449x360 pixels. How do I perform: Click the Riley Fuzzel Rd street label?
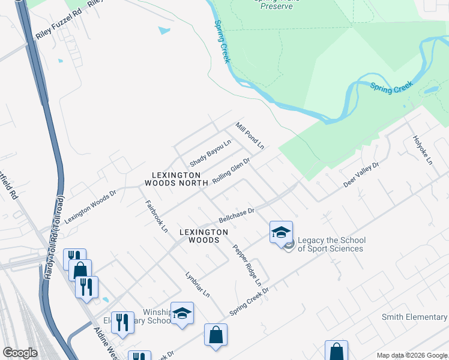coord(58,28)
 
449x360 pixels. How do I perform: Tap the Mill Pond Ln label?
coord(250,136)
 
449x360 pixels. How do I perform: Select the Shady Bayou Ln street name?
coord(211,154)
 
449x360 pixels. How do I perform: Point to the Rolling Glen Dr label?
coord(231,172)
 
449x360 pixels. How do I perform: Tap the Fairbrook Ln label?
coord(156,215)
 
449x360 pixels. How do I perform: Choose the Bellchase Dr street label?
coord(237,215)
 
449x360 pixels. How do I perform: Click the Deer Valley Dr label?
coord(361,175)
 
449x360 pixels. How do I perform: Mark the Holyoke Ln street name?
coord(422,150)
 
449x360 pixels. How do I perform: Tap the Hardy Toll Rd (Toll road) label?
coord(54,240)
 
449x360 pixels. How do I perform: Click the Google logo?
coord(20,353)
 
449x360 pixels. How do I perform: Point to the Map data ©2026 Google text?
coord(411,355)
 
